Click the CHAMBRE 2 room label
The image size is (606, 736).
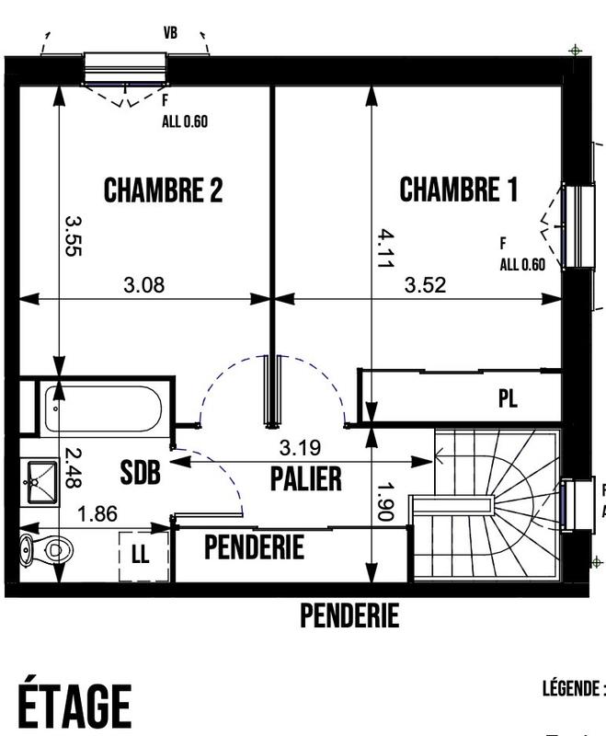point(164,190)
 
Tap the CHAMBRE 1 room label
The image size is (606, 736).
point(458,190)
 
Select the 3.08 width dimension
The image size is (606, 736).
point(143,285)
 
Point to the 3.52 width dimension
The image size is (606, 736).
point(425,285)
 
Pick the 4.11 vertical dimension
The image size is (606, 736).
point(383,247)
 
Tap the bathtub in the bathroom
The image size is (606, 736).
point(103,408)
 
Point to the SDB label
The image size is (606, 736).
point(141,473)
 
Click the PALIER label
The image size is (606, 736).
point(306,478)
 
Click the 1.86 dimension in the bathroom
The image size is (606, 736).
point(97,513)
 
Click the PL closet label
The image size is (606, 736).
point(508,399)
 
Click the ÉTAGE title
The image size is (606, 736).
point(76,706)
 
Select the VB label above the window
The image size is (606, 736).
point(170,33)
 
